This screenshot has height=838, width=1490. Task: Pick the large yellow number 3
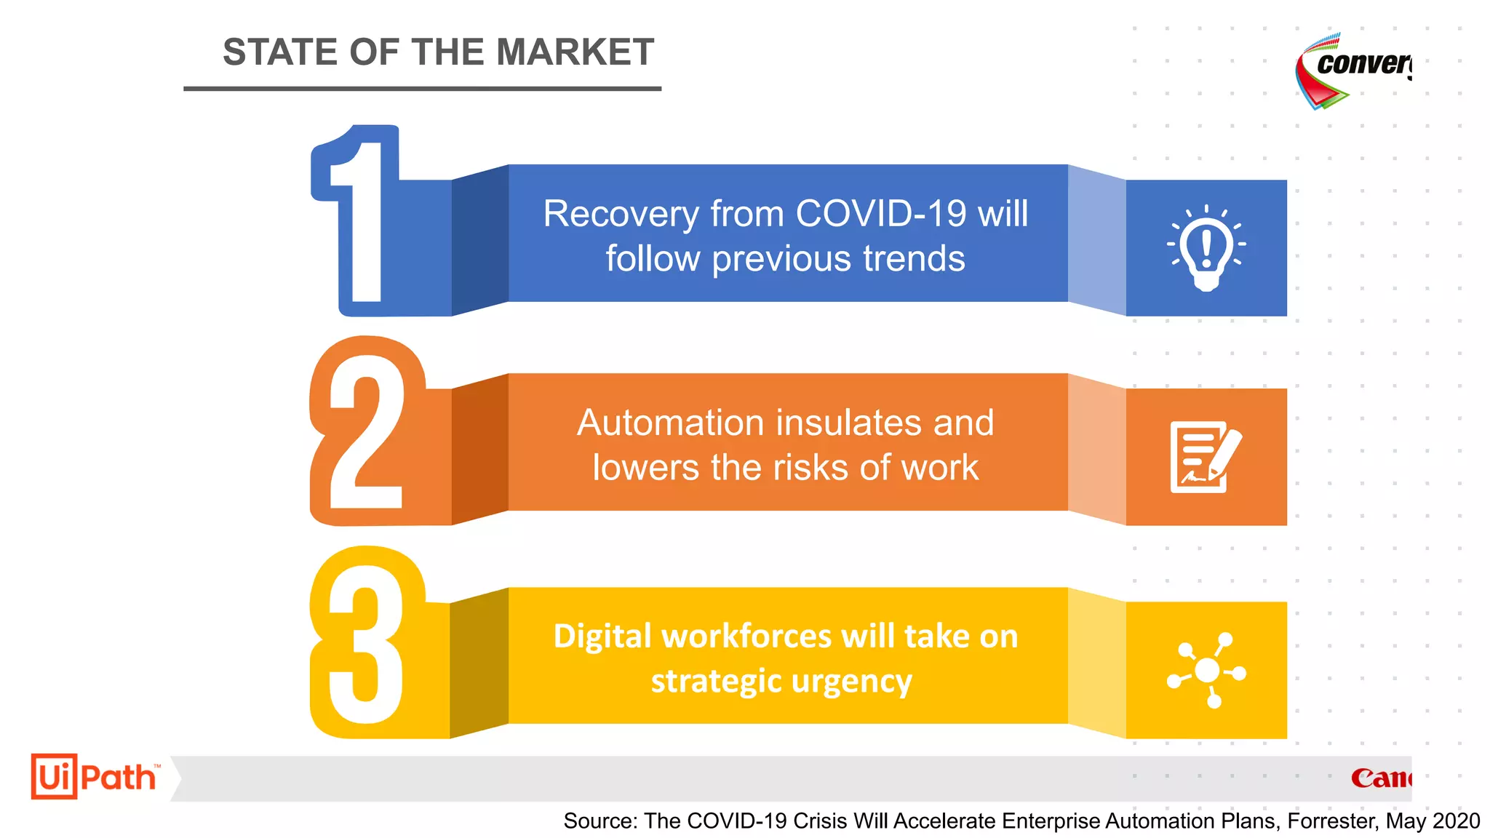pos(366,644)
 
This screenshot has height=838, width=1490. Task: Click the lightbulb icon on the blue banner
pos(1206,247)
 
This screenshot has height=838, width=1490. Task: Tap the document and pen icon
pos(1205,457)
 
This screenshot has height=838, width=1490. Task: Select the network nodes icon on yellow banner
pos(1206,670)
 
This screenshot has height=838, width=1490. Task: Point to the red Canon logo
pos(1380,778)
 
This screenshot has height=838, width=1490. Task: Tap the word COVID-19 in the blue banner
pos(881,214)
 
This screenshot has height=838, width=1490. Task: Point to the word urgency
pos(851,682)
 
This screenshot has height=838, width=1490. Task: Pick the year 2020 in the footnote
pos(1454,821)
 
